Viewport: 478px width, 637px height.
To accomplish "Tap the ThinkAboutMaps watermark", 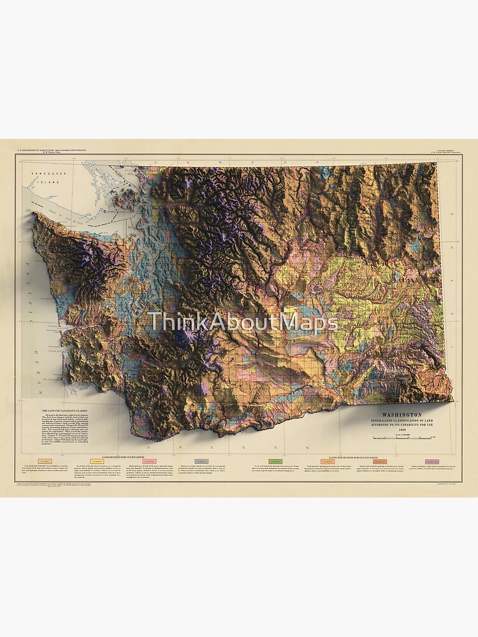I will (x=243, y=323).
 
